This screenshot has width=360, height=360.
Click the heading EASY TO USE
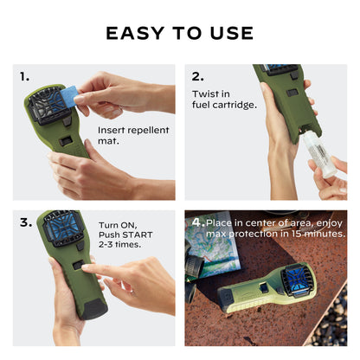pos(180,33)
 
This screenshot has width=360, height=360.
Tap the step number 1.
pos(24,76)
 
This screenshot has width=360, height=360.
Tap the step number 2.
pos(197,76)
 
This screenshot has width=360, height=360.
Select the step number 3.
pos(25,222)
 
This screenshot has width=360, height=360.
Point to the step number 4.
pos(197,222)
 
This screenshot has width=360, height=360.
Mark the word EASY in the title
pos(131,33)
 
